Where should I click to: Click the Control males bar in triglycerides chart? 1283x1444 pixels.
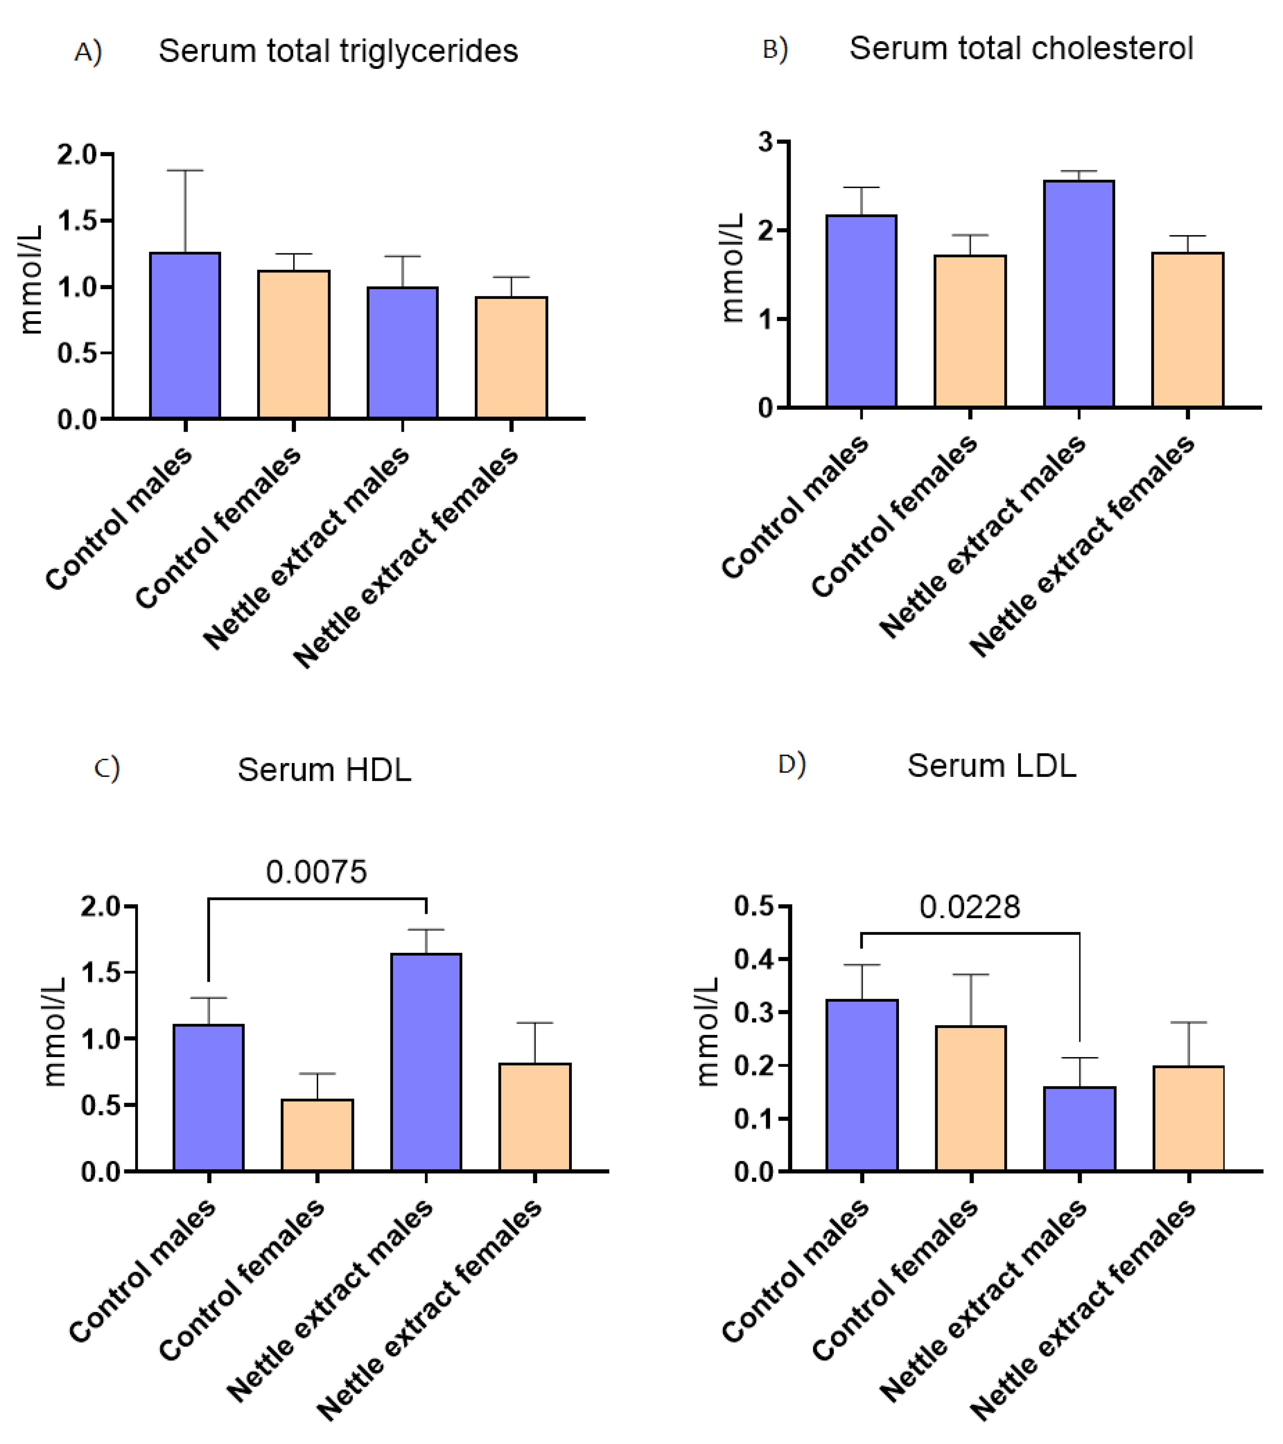pos(185,336)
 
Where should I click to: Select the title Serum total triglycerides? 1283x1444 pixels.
pos(338,51)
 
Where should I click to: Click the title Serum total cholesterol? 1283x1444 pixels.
pos(1021,48)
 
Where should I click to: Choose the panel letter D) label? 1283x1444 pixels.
pos(791,764)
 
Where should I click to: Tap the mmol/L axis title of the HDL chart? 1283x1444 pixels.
pos(54,1031)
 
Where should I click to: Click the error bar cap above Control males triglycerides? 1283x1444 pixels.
pos(185,170)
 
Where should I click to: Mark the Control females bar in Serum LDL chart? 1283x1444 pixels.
pos(971,1098)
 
